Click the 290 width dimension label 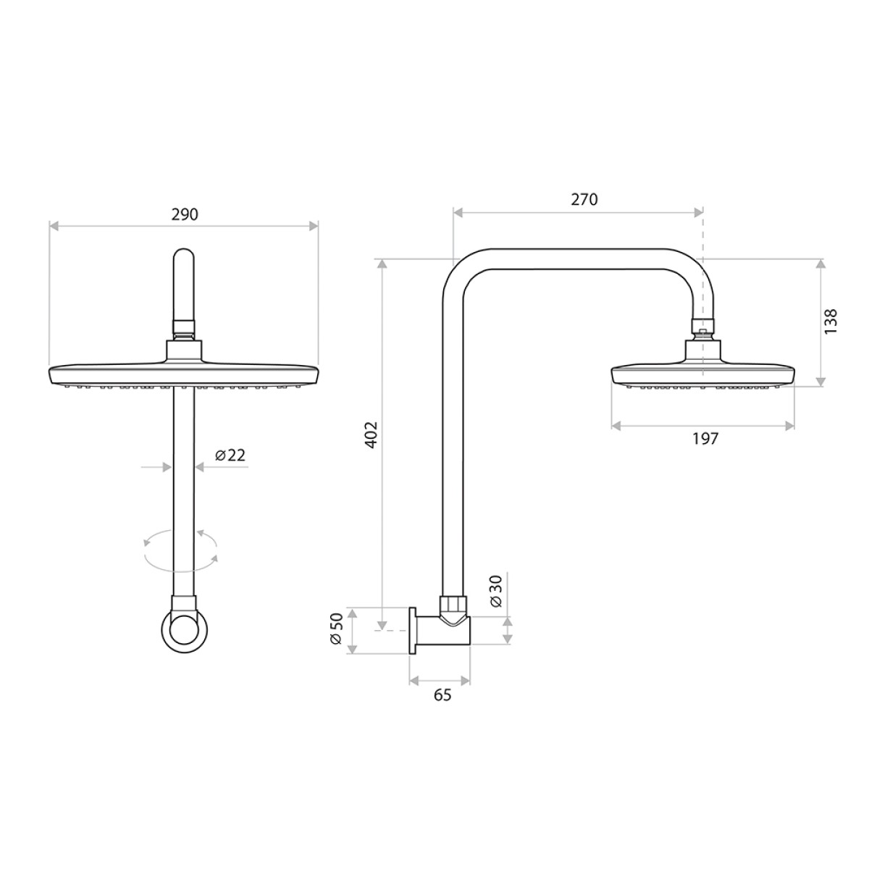pyautogui.click(x=184, y=214)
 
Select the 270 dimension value pyautogui.click(x=584, y=200)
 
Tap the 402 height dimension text pyautogui.click(x=371, y=434)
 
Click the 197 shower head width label pyautogui.click(x=705, y=438)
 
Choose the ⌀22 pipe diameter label pyautogui.click(x=230, y=455)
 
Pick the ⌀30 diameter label pyautogui.click(x=495, y=592)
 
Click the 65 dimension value pyautogui.click(x=442, y=694)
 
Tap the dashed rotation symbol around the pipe pyautogui.click(x=181, y=548)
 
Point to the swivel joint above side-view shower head pyautogui.click(x=703, y=327)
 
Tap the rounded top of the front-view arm pyautogui.click(x=184, y=258)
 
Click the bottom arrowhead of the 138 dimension pyautogui.click(x=820, y=382)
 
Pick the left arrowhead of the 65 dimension pyautogui.click(x=413, y=680)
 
